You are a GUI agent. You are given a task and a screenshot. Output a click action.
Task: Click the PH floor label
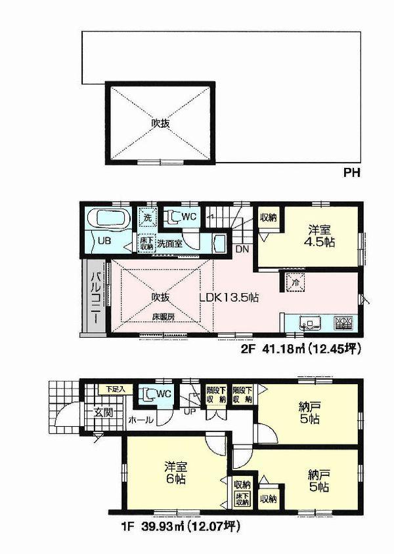pos(352,174)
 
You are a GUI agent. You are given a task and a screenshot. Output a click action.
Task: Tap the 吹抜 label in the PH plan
pos(162,123)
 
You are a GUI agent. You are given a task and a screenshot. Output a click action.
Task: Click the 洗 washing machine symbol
pos(146,217)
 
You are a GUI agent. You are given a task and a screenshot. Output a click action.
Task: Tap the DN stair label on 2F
pos(241,249)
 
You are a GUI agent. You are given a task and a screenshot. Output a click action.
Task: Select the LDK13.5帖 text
pos(229,296)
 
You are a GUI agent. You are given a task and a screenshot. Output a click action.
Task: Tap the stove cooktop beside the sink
pos(343,322)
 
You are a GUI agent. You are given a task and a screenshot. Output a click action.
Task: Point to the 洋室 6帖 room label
pos(176,473)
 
